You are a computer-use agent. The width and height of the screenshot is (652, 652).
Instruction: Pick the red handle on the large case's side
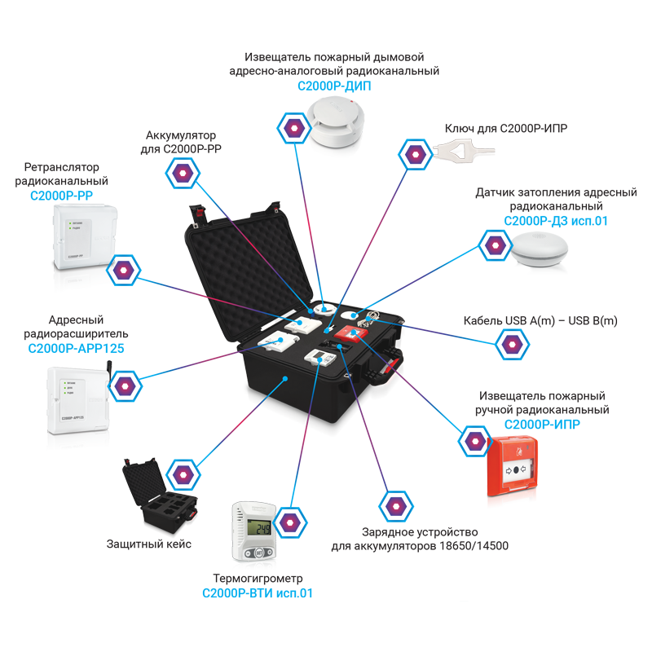pos(393,371)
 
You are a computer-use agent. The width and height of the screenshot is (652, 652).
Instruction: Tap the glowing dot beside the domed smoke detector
pos(292,127)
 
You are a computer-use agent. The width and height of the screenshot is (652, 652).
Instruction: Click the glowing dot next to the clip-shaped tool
pos(416,152)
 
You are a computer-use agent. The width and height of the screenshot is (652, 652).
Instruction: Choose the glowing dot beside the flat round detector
pos(494,244)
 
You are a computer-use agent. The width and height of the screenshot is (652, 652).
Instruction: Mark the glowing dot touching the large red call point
pos(474,440)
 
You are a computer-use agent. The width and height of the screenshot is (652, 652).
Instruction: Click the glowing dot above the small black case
pos(181,473)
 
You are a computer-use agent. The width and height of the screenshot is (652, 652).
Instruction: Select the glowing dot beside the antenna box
pos(126,384)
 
